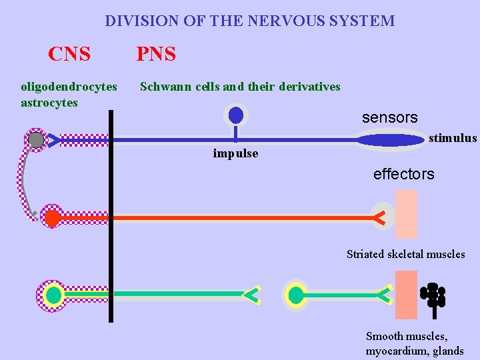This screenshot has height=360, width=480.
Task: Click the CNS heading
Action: pos(69,54)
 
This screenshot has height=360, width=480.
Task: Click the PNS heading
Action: pos(156,54)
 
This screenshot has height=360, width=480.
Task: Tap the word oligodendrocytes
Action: pos(69,87)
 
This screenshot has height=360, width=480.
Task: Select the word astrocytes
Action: pos(49,103)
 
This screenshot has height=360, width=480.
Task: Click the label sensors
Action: pos(389,118)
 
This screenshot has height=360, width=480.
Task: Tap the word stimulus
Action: pos(453,139)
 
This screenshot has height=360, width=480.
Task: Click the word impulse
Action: pos(235,154)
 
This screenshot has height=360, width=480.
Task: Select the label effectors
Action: pos(403,175)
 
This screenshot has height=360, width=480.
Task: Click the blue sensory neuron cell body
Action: pos(235,115)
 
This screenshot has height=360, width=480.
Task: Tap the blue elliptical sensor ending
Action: pos(391,140)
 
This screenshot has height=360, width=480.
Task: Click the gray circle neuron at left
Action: pos(36,140)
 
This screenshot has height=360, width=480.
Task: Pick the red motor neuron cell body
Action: pos(51,217)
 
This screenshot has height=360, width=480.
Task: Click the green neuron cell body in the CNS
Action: pos(53,294)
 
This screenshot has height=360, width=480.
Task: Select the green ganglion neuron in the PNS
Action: pos(296,294)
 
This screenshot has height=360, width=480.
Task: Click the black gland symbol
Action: pos(433,297)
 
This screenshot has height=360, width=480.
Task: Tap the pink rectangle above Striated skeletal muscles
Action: pos(406,214)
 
